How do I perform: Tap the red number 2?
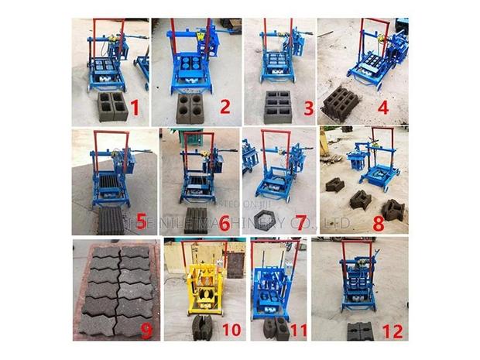[x=225, y=106]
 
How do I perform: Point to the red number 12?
[x=393, y=331]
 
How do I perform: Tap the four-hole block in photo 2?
[x=190, y=108]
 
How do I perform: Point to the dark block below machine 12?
[x=359, y=331]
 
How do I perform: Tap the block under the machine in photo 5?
[x=111, y=220]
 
